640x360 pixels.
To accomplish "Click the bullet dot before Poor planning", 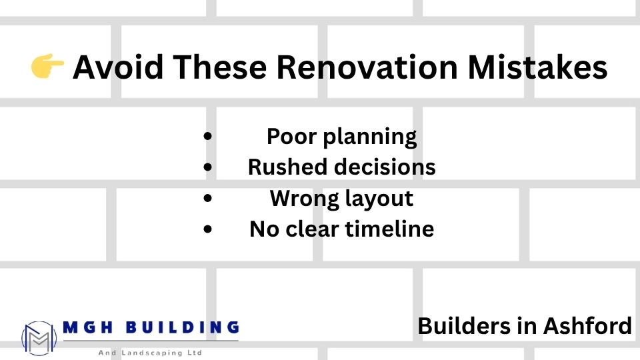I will click(209, 137).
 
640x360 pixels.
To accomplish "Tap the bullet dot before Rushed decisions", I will click(209, 167).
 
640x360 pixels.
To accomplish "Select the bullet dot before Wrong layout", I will click(209, 198).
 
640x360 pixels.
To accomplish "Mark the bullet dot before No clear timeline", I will click(209, 229).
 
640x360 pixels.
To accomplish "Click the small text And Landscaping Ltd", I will click(150, 352).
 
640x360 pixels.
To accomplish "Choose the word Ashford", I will click(588, 326).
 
